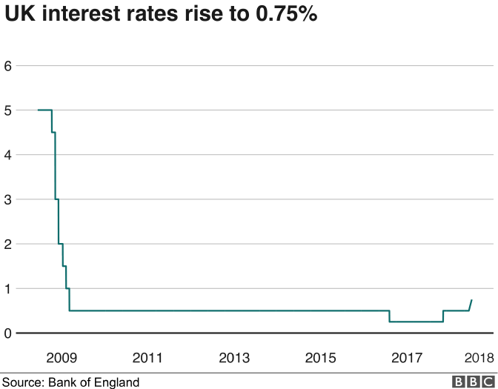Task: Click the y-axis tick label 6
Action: tap(8, 65)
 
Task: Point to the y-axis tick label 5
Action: tap(8, 110)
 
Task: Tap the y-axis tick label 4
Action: tap(8, 154)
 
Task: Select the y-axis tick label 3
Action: tap(8, 199)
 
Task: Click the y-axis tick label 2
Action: tap(8, 244)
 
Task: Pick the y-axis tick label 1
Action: tap(8, 288)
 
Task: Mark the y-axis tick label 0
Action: tap(8, 333)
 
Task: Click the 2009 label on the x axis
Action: tap(61, 358)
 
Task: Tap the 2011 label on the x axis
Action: tap(147, 358)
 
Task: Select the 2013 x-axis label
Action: tap(234, 358)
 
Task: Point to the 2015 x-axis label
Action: tap(321, 358)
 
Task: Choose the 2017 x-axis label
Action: tap(407, 358)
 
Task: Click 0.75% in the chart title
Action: tap(282, 16)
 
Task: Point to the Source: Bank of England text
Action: tap(70, 382)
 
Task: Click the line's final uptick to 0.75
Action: tap(471, 305)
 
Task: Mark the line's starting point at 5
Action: tap(38, 110)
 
